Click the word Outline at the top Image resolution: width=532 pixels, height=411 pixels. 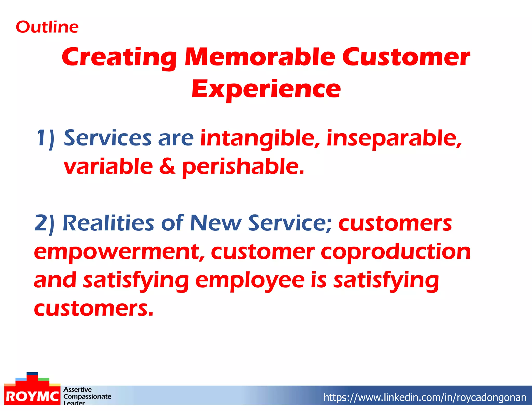(x=47, y=27)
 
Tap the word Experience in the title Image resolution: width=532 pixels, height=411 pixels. (x=266, y=89)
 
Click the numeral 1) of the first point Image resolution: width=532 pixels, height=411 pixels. (x=45, y=138)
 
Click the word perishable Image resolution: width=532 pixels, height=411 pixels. (x=243, y=167)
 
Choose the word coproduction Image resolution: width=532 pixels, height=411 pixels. (x=395, y=252)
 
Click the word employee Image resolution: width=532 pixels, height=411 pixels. (x=250, y=281)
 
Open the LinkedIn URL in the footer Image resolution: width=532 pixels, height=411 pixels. (x=425, y=397)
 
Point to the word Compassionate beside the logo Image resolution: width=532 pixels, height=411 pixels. (x=87, y=396)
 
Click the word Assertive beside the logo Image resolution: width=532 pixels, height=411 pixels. (x=77, y=389)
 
